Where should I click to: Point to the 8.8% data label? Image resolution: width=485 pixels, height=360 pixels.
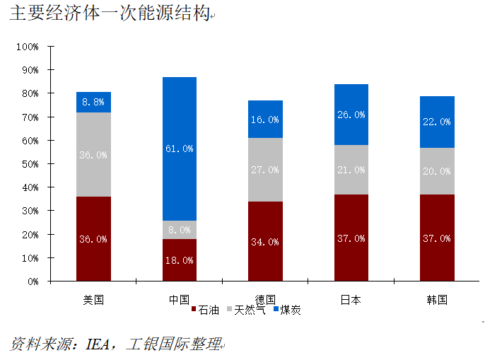point(93,102)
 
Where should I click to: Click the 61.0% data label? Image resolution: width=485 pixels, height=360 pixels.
point(179,149)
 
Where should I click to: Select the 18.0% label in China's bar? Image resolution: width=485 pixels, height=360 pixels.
point(179,260)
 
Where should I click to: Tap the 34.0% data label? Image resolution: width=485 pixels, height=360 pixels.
point(265,242)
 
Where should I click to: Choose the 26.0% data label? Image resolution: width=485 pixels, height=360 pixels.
point(351,115)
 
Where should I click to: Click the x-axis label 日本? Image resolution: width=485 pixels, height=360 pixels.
point(351,299)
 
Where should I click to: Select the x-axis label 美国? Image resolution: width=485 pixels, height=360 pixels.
point(93,299)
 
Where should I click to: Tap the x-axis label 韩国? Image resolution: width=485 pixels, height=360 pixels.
point(437,299)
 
